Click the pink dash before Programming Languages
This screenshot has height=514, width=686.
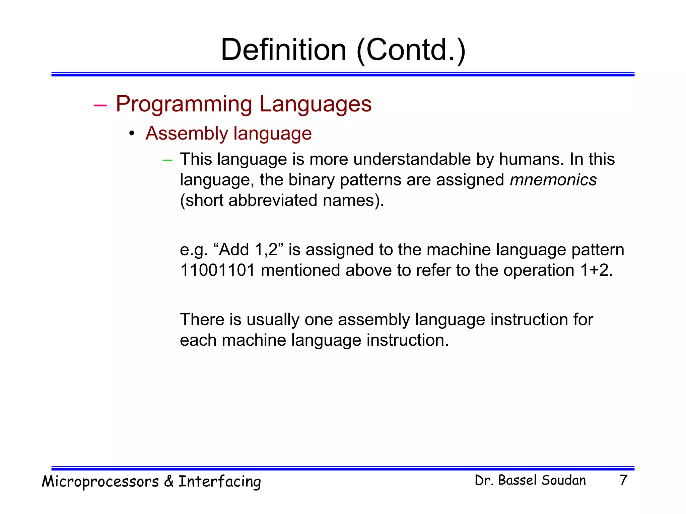point(100,105)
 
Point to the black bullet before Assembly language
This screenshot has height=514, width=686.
point(132,134)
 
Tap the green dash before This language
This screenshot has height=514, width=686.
point(167,161)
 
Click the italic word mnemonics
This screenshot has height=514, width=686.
point(553,180)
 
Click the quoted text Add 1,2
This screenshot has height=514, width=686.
point(249,250)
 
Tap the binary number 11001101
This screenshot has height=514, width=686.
point(217,270)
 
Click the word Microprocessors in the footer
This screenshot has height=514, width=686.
point(100,481)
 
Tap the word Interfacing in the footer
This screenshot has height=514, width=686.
point(219,481)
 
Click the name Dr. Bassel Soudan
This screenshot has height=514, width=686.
point(530,480)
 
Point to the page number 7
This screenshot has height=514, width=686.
point(623,480)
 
